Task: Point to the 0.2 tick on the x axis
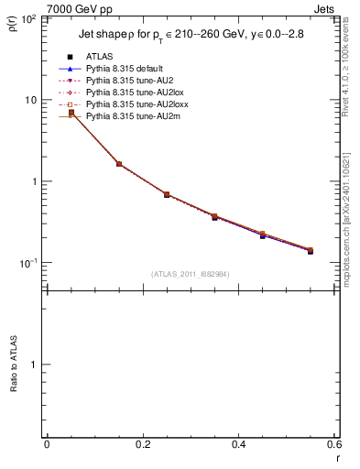coord(143,444)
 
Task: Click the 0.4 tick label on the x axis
coord(238,444)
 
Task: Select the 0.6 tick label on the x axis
coord(333,444)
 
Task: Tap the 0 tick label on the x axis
coord(47,444)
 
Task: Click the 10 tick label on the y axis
coord(30,100)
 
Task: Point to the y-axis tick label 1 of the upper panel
coord(35,181)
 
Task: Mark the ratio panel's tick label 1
coord(35,365)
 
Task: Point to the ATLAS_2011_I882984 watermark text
coord(191,274)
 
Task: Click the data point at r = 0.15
coord(119,164)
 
